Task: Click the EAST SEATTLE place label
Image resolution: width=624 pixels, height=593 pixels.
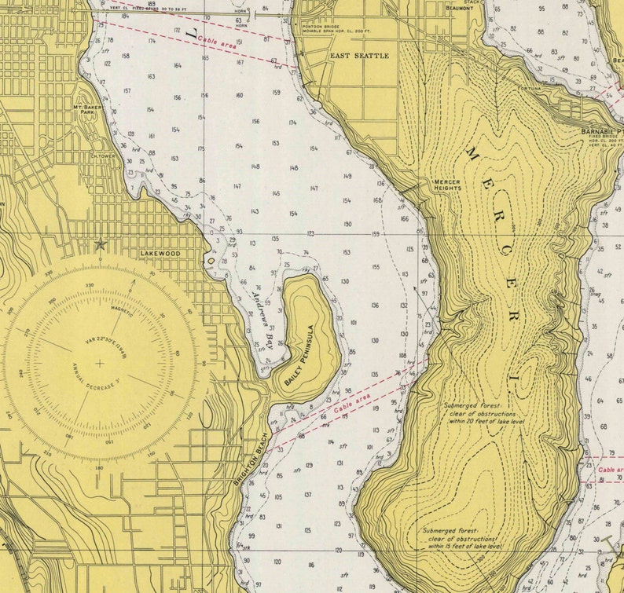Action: [x=359, y=57]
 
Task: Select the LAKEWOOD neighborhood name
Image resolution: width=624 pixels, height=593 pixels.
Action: [x=160, y=254]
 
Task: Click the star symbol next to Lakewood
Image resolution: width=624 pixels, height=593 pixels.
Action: [x=101, y=244]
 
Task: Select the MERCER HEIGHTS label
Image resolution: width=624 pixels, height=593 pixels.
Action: [x=447, y=185]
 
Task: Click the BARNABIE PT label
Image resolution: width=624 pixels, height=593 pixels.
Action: [x=601, y=131]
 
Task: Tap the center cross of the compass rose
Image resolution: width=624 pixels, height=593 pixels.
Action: [x=100, y=363]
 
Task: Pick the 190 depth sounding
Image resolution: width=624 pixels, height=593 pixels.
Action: [x=347, y=224]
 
